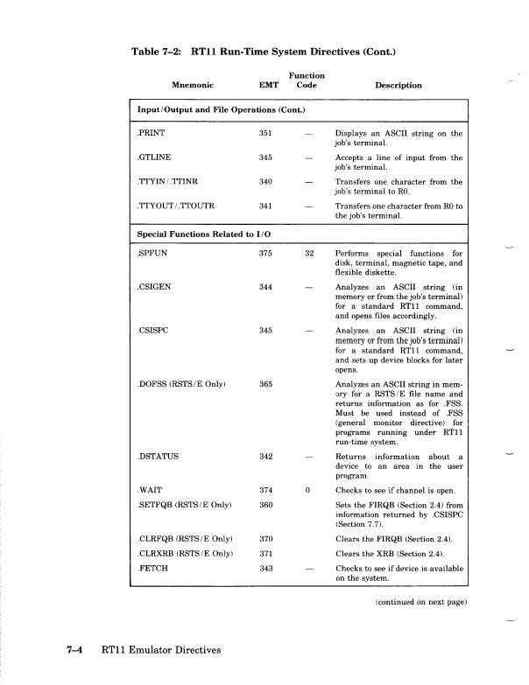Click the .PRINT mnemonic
[x=151, y=133]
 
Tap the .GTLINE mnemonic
[x=154, y=157]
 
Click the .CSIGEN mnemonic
[x=153, y=287]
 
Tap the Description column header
[x=399, y=85]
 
